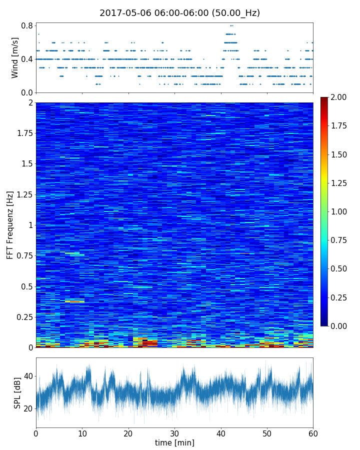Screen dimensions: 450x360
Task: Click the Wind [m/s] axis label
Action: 15,57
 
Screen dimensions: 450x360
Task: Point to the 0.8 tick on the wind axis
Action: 27,25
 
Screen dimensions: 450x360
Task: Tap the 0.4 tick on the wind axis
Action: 27,59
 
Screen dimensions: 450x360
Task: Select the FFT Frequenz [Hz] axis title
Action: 10,225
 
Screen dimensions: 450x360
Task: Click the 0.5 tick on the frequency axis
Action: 26,286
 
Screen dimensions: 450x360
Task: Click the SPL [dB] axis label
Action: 17,392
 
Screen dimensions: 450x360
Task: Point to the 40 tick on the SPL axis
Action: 28,376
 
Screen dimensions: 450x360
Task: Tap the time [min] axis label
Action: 174,442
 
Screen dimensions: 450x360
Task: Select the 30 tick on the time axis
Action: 174,433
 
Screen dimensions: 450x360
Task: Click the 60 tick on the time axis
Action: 313,433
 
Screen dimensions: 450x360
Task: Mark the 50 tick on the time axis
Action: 267,433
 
